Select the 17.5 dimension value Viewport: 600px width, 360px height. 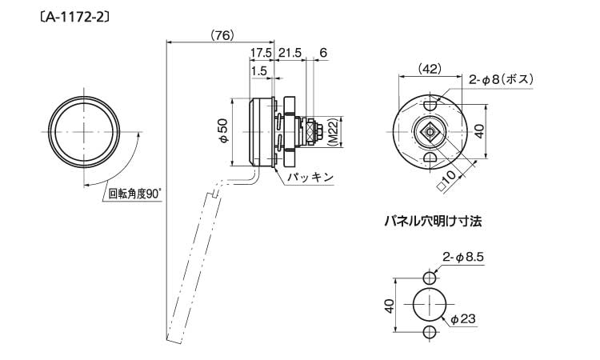(261, 53)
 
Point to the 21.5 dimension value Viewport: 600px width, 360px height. (290, 53)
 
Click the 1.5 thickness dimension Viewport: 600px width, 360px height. (259, 70)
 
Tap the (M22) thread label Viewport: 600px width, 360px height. (333, 132)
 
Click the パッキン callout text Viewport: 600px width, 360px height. (310, 177)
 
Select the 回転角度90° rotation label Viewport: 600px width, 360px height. (134, 194)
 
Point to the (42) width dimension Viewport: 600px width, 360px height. (430, 69)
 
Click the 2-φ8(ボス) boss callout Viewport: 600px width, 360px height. (502, 79)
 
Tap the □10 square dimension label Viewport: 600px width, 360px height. (447, 180)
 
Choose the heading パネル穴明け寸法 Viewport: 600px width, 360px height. (433, 222)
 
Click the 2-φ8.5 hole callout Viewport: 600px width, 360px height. (463, 257)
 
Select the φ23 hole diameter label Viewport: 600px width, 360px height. (464, 318)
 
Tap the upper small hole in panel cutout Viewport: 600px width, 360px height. (430, 277)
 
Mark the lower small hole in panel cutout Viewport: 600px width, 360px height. (430, 332)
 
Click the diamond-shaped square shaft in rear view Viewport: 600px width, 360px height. (430, 132)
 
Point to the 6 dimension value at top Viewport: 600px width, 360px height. (323, 53)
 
